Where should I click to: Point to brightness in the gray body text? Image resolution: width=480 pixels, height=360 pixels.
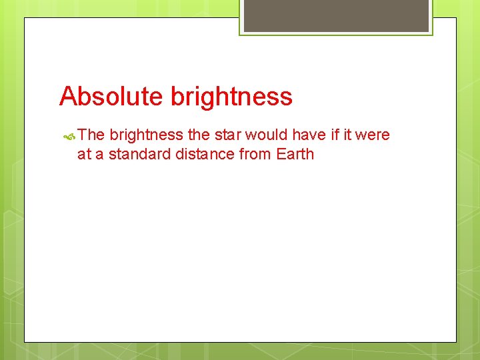click(146, 135)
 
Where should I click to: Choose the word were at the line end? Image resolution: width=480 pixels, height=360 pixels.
click(373, 135)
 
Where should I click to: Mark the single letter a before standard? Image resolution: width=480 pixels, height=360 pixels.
click(98, 155)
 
